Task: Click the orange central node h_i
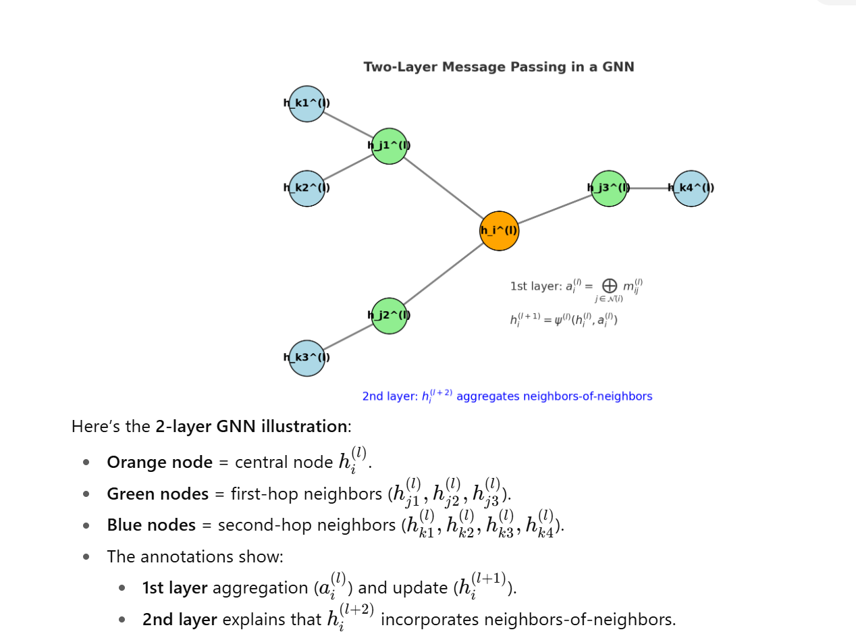tap(499, 231)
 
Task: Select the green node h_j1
tap(390, 146)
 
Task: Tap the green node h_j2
tap(390, 315)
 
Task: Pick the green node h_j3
tap(608, 188)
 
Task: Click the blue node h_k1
tap(307, 103)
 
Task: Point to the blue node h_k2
tap(307, 188)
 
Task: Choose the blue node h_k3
tap(307, 358)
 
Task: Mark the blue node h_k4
tap(691, 188)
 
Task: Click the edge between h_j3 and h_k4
tap(650, 188)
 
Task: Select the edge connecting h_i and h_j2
tap(444, 273)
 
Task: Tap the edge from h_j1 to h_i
tap(444, 188)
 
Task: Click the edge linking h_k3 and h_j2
tap(348, 337)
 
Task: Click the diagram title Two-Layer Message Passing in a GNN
tap(499, 67)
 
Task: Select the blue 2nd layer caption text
tap(507, 396)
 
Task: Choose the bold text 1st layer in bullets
tap(174, 588)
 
